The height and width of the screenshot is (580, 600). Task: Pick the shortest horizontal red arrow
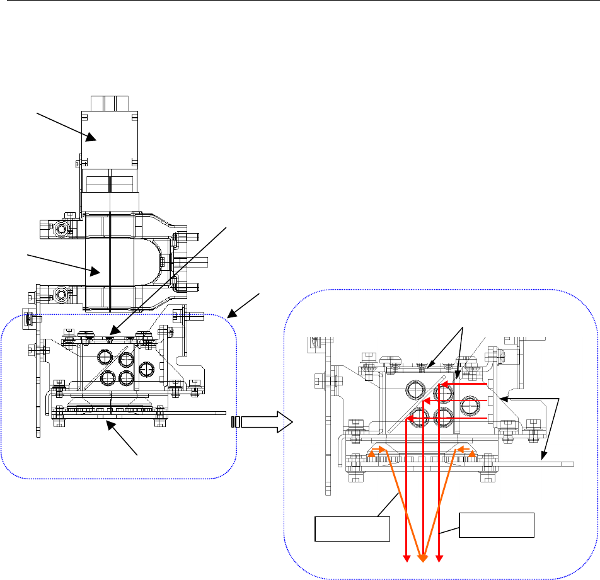click(463, 384)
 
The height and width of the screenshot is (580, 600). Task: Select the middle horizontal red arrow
click(454, 401)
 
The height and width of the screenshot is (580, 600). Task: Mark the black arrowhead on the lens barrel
click(96, 272)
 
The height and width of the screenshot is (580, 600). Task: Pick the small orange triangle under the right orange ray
click(473, 450)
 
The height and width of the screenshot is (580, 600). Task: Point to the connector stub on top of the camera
click(110, 103)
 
